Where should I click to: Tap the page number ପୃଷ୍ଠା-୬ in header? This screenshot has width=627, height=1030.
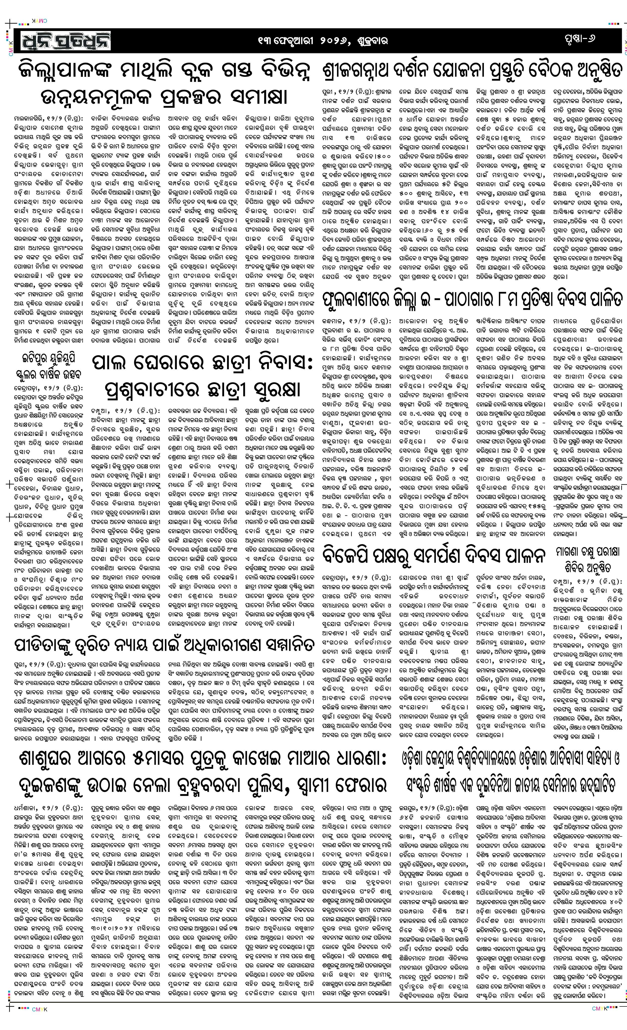(578, 39)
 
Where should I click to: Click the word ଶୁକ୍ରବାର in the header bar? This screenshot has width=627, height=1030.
(373, 41)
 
